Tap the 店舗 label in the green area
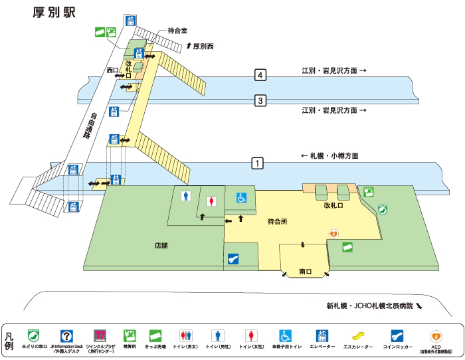pyautogui.click(x=161, y=246)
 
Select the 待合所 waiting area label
pyautogui.click(x=277, y=221)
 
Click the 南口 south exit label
pyautogui.click(x=306, y=272)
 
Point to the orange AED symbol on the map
pyautogui.click(x=335, y=234)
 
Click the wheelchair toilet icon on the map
pyautogui.click(x=242, y=197)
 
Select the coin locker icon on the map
pyautogui.click(x=232, y=260)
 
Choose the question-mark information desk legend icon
pyautogui.click(x=66, y=335)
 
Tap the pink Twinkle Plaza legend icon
pyautogui.click(x=100, y=335)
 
